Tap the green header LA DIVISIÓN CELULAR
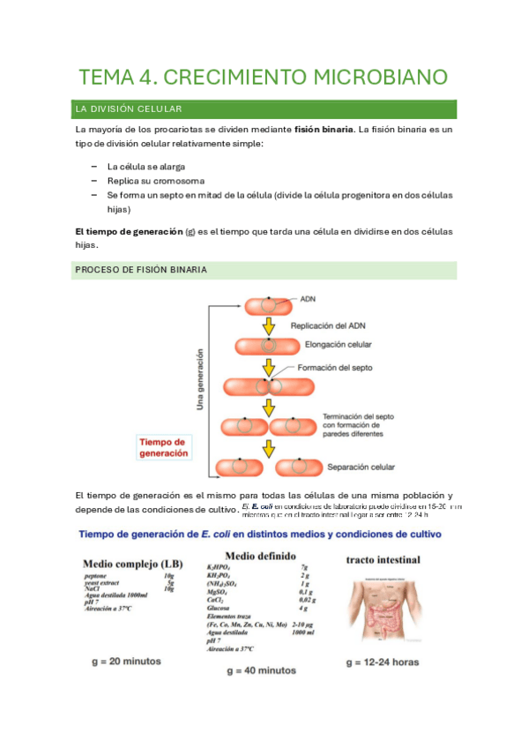coord(129,109)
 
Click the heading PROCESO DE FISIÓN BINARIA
coord(142,270)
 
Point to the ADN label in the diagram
coord(309,299)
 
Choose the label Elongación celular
coord(338,345)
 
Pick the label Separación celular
coord(361,467)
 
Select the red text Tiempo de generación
coord(164,447)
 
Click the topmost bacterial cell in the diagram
coord(267,307)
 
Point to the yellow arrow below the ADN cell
coord(267,326)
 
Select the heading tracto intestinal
coord(383,559)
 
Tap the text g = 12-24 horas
coord(382,662)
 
